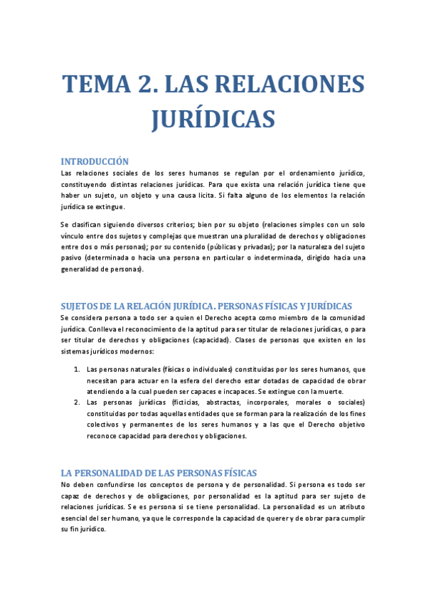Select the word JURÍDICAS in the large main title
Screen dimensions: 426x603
pos(213,119)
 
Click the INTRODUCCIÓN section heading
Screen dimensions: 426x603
pos(95,161)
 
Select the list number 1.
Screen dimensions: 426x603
pos(77,369)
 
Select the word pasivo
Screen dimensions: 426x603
pos(72,258)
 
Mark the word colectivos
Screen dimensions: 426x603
pos(105,425)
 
